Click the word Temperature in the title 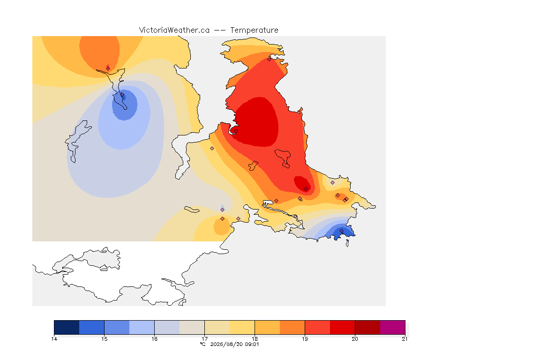point(254,30)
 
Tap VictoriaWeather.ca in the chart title point(174,30)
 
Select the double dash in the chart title point(220,30)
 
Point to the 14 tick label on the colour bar point(54,339)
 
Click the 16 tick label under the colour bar point(154,339)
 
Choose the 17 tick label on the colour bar point(204,339)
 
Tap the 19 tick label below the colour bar point(305,339)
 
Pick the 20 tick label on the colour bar point(355,339)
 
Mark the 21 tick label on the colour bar point(405,339)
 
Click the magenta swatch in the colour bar point(393,327)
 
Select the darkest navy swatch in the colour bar point(67,327)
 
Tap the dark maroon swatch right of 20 point(367,327)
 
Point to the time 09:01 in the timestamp point(252,344)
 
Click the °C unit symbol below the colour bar point(202,344)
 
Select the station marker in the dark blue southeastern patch point(341,231)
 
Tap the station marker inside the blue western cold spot point(122,95)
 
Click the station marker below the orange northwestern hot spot point(108,68)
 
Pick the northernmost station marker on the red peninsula point(270,59)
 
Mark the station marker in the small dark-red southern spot point(306,189)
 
